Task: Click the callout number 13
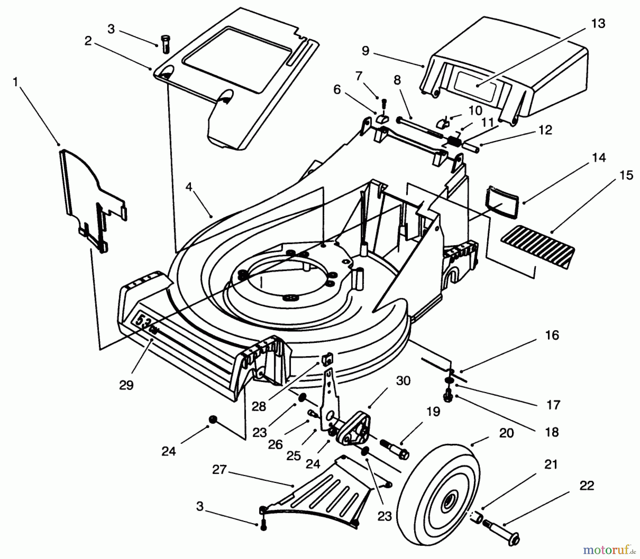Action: (598, 23)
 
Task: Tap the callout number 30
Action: (403, 381)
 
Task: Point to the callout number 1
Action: (15, 82)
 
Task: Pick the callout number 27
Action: (219, 469)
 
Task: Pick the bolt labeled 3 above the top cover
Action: (165, 44)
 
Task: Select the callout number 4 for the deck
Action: (188, 187)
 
